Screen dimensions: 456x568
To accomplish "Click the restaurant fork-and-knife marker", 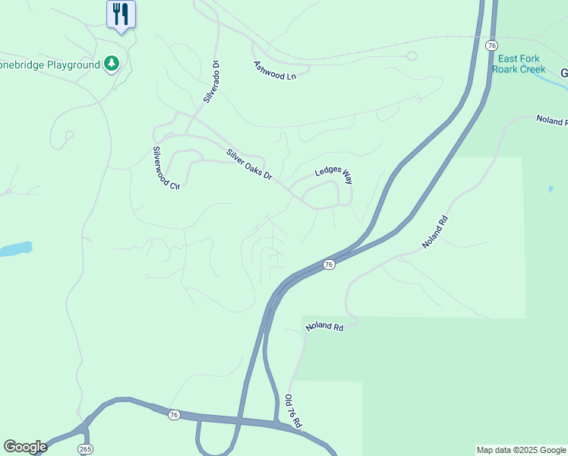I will [x=121, y=14].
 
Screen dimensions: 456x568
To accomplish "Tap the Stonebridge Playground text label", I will [x=51, y=65].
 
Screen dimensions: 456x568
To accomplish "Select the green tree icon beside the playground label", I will [x=112, y=63].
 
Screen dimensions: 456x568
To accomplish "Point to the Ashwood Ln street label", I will [x=273, y=71].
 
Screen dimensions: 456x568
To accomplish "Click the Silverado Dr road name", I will [x=210, y=81].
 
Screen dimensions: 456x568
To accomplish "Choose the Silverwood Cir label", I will [x=165, y=167].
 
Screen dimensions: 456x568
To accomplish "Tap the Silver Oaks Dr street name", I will [x=249, y=164].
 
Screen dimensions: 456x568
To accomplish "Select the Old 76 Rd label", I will [x=294, y=411].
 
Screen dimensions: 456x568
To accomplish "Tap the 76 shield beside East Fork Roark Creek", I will [x=491, y=46].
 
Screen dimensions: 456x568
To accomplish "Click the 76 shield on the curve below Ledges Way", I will [x=328, y=264].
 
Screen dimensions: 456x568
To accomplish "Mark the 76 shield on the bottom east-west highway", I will [x=174, y=414].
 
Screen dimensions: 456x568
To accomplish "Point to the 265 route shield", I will [x=85, y=449].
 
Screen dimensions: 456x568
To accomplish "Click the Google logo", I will [x=25, y=447].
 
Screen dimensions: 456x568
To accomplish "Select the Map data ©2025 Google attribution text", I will [x=521, y=450].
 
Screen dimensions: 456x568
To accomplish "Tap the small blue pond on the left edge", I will [x=14, y=249].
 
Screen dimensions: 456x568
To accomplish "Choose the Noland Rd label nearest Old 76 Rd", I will [x=325, y=327].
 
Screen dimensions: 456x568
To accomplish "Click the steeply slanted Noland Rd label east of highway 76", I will [x=435, y=233].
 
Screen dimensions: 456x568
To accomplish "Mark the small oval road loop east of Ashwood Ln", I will [x=412, y=55].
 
